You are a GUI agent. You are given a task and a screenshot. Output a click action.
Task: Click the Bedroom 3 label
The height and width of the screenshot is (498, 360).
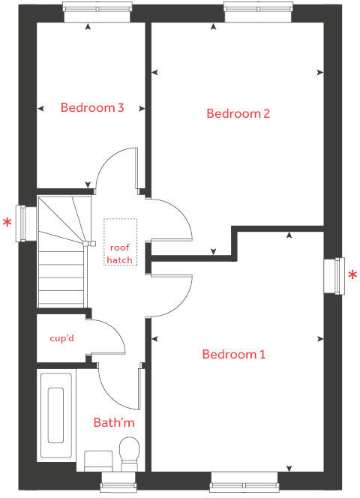click(x=91, y=107)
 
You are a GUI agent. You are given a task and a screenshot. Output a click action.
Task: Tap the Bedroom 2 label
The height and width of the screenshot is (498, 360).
click(x=238, y=114)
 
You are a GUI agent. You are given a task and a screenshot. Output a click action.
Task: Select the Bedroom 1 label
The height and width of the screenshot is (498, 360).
click(x=233, y=354)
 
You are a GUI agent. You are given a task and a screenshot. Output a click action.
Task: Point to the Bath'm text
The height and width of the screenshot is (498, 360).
click(x=114, y=423)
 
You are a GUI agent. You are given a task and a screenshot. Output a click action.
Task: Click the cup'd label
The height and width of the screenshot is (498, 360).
click(x=61, y=338)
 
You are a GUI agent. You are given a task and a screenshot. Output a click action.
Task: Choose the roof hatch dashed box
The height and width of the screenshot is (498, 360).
click(x=120, y=242)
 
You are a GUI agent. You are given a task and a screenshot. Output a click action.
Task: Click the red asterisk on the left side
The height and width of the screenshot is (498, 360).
click(x=8, y=223)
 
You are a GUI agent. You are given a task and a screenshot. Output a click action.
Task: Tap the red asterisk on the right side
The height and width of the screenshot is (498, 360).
click(x=352, y=275)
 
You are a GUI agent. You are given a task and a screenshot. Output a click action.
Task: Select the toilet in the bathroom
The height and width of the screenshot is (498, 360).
click(x=129, y=451)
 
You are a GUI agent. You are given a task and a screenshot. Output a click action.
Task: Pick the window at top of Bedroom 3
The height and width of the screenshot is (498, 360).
click(x=97, y=8)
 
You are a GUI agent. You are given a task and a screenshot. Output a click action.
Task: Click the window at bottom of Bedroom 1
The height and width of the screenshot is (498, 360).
click(x=245, y=480)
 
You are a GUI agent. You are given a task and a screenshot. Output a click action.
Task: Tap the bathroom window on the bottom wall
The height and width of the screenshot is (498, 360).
click(x=120, y=480)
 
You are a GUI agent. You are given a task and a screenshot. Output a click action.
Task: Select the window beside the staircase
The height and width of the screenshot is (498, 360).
click(x=29, y=223)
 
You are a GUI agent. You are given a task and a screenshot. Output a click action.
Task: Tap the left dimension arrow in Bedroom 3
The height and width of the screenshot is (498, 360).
click(x=42, y=107)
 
